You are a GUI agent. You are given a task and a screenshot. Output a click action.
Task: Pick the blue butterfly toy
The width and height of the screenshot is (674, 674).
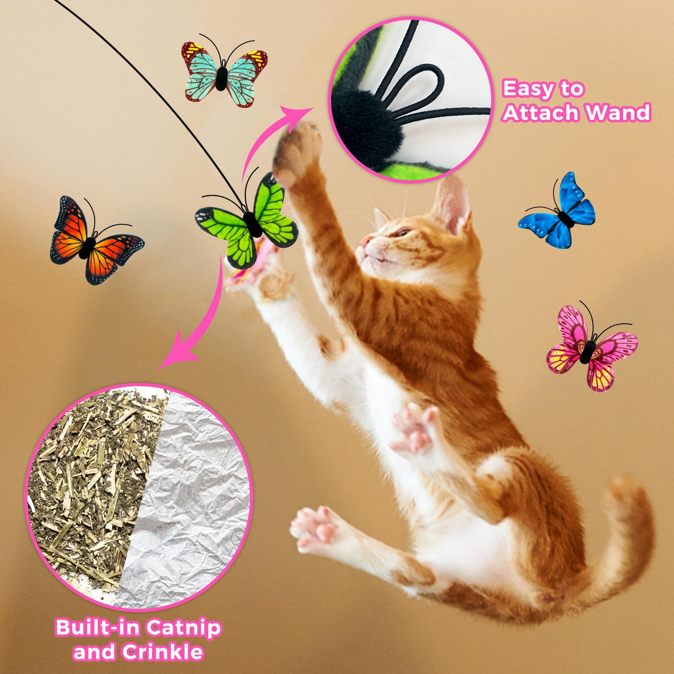[558, 213]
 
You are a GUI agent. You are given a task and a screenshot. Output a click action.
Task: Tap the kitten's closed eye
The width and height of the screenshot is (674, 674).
[403, 232]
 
